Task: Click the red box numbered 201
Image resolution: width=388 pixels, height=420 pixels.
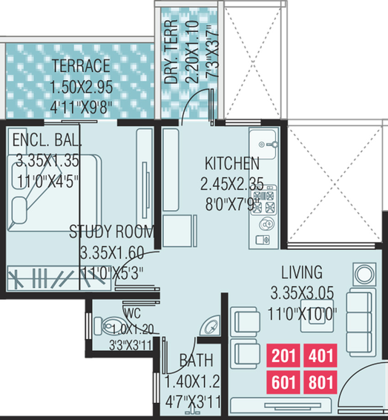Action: (283, 355)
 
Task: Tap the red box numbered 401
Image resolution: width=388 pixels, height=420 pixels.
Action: (320, 355)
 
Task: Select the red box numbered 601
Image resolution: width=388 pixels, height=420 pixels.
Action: (283, 382)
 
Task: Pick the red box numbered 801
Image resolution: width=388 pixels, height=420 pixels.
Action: (320, 382)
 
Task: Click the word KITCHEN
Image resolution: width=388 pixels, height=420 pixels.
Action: (232, 163)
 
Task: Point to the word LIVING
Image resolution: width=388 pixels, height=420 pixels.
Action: (302, 272)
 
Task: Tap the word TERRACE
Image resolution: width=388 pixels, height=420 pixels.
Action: (81, 65)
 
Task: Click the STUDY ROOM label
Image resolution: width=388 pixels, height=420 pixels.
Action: (112, 232)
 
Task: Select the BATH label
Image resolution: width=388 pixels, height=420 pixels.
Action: (197, 361)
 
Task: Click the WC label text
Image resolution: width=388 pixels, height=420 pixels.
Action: (133, 313)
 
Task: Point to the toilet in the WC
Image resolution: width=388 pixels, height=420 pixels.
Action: (110, 326)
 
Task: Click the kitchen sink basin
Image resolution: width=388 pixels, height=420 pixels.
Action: (263, 145)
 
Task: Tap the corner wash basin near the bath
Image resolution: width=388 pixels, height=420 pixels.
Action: (211, 326)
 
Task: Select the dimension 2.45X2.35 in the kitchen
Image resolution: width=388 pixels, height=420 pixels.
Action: (232, 184)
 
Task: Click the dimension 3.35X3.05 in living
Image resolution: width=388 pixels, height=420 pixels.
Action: (302, 292)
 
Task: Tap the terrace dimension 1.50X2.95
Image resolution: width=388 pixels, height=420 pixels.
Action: (82, 87)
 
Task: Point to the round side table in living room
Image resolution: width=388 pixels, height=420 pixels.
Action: (364, 275)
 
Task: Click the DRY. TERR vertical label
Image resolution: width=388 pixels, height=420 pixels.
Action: (171, 52)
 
